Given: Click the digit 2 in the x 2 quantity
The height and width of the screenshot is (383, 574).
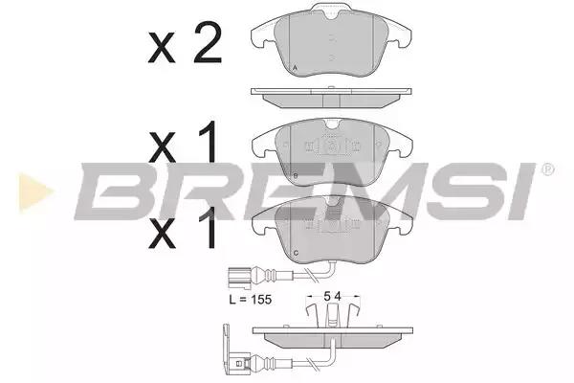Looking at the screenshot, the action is coord(208,42).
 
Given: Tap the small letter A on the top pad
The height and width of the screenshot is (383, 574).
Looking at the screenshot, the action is coord(296,67).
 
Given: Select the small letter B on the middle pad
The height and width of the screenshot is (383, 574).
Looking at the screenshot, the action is coord(296,176).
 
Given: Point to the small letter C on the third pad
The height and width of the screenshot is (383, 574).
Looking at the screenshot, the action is coord(296,253).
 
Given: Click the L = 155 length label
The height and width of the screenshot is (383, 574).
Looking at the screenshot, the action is coord(251,300).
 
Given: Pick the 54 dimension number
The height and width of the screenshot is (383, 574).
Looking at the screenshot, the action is coord(332,296).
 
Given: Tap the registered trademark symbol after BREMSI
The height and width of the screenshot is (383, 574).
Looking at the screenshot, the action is coord(547,169).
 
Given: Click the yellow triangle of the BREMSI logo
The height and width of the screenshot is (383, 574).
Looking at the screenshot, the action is coord(34,191).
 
